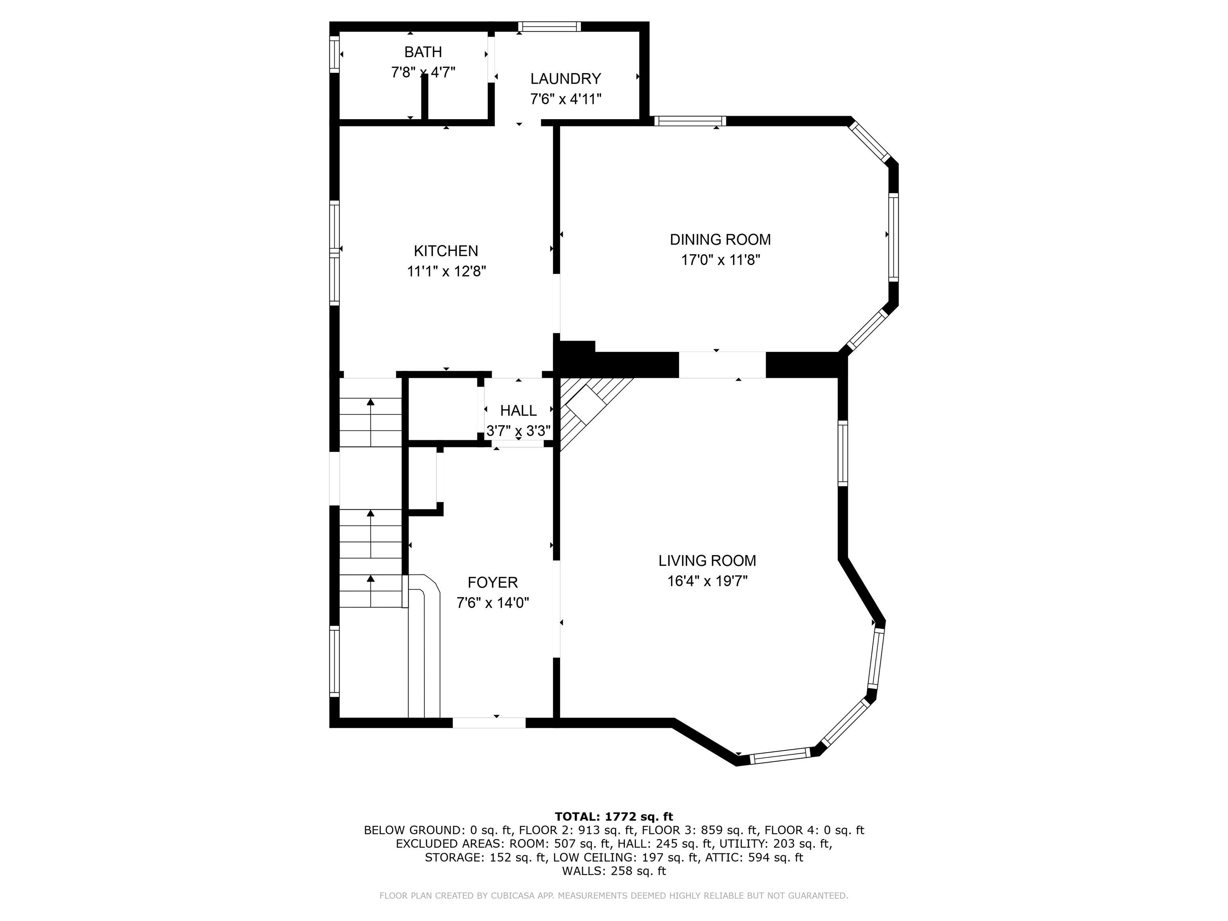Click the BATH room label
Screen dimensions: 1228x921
(423, 52)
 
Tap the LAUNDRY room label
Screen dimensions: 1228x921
(566, 79)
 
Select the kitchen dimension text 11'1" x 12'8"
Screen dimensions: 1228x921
(447, 271)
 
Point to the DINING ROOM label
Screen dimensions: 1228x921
(720, 240)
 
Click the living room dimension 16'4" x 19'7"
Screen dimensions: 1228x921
(707, 581)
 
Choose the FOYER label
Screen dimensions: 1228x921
(492, 582)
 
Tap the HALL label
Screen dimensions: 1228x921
(518, 411)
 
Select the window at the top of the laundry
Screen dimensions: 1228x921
(550, 26)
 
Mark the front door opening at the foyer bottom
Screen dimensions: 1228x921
(489, 723)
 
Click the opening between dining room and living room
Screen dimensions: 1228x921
(722, 365)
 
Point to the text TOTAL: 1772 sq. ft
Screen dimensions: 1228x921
(614, 817)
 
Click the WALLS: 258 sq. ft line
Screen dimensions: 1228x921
(614, 871)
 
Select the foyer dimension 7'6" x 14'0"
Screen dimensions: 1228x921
(493, 603)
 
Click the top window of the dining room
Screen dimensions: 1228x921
(690, 121)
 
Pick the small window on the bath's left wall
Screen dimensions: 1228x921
(334, 54)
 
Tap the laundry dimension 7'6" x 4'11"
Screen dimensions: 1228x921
(566, 100)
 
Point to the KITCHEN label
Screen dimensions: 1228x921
(446, 251)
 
